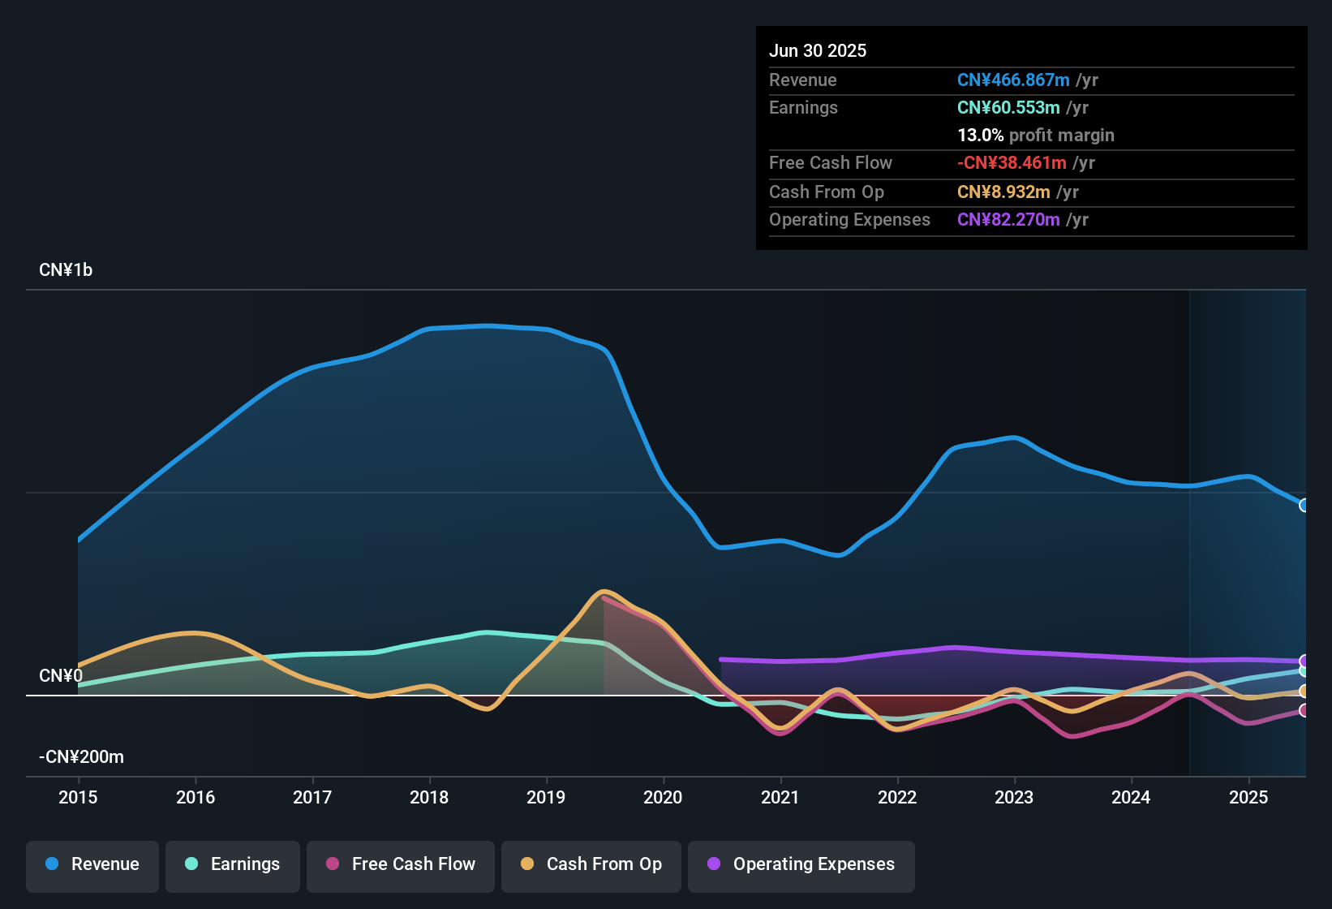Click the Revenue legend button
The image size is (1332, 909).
coord(92,864)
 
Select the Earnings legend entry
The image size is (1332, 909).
coord(233,864)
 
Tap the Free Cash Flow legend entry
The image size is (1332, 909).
coord(401,864)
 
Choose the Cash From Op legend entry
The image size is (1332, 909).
coord(591,864)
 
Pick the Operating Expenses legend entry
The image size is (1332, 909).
coord(801,864)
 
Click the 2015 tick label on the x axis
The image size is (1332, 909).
coord(78,797)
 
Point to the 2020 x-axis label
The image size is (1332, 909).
coord(663,797)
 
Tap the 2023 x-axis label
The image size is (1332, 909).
coord(1014,797)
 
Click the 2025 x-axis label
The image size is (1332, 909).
coord(1248,797)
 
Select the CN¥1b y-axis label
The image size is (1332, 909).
coord(66,270)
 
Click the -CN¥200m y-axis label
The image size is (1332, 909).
coord(81,757)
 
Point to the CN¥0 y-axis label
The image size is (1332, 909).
coord(61,676)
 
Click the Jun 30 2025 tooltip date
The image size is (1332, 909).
coord(818,50)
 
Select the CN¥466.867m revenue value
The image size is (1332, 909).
coord(1013,80)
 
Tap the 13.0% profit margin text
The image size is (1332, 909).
coord(1035,135)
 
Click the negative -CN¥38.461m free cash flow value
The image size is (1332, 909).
coord(1012,162)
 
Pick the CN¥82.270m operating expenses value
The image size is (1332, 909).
coord(1008,219)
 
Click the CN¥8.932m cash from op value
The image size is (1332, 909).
coord(1003,192)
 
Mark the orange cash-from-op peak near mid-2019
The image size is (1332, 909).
coord(604,592)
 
